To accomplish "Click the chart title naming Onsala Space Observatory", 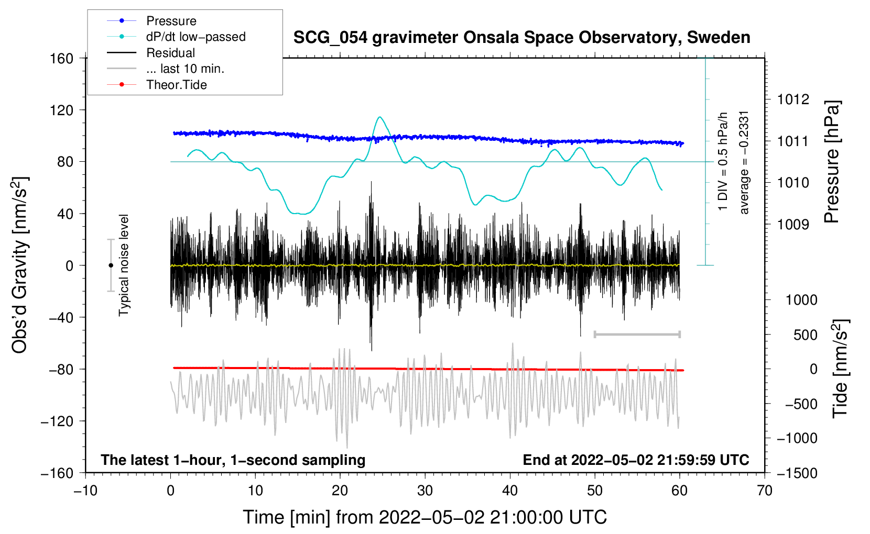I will (x=521, y=38).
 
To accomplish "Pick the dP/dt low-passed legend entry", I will (x=195, y=37).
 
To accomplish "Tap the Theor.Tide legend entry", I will (x=176, y=85).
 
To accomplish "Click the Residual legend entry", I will (x=170, y=53).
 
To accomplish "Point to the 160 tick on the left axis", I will (x=62, y=58).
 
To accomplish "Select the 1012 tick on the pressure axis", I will (x=793, y=99).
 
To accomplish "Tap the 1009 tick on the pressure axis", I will (x=793, y=225).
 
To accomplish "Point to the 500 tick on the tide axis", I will (x=805, y=335).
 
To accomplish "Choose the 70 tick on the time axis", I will (x=765, y=491).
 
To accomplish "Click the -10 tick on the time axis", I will (x=85, y=491).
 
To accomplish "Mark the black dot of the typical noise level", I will (x=111, y=265).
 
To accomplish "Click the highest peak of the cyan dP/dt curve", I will (x=380, y=117).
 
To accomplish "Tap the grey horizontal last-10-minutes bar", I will (x=637, y=334).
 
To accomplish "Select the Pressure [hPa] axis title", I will (x=832, y=162).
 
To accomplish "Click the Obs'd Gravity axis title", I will (x=19, y=265).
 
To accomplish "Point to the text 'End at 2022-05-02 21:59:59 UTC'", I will (x=636, y=460).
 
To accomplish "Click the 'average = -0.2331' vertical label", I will (x=744, y=162).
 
